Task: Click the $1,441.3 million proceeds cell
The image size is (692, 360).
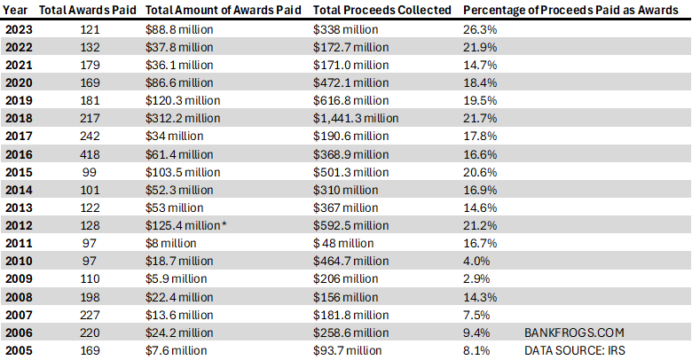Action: (x=356, y=118)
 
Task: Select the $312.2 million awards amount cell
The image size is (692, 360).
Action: (x=183, y=118)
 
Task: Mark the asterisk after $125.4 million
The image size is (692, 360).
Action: (x=224, y=224)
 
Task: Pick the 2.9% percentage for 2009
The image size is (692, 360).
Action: (x=476, y=278)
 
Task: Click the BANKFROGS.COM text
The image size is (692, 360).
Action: (x=575, y=333)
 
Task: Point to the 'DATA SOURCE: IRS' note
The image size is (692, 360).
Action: (x=576, y=350)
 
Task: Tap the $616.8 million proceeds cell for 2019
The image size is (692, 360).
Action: (x=351, y=100)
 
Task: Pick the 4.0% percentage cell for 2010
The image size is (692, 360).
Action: (x=476, y=261)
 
